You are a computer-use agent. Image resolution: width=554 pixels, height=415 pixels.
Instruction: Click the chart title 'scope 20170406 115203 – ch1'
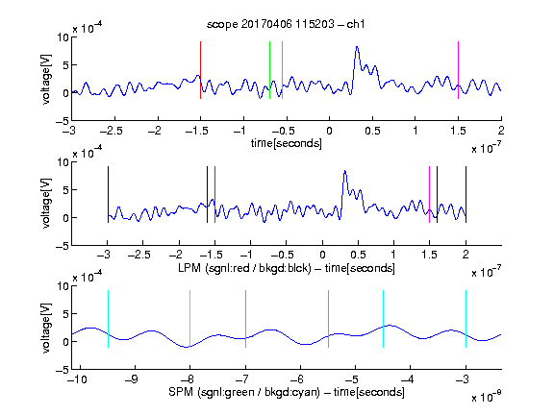point(286,24)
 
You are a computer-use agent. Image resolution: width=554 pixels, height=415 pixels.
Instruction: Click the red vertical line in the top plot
point(200,70)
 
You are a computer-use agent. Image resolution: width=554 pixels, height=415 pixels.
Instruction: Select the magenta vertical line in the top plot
point(458,70)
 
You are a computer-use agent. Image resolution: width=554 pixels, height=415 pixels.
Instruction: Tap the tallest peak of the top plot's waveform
point(357,47)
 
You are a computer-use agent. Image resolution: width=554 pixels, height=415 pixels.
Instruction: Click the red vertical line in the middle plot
point(214,194)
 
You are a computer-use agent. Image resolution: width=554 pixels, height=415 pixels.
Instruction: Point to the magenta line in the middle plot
point(429,194)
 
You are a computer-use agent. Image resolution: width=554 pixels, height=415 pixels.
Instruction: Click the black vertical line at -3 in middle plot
point(108,194)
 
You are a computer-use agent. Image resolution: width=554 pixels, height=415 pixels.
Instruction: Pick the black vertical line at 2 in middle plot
point(466,194)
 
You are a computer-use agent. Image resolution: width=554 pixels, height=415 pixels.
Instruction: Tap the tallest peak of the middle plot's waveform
point(345,171)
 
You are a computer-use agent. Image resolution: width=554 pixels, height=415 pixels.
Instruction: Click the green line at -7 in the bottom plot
point(245,319)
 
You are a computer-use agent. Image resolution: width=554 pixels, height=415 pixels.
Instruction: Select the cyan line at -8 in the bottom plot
point(189,319)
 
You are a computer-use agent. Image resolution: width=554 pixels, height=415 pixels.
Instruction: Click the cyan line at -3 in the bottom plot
point(466,319)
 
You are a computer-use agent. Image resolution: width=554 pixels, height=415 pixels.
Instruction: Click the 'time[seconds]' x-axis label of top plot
point(287,143)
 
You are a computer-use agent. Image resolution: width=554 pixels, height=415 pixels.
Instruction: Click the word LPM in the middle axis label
point(189,268)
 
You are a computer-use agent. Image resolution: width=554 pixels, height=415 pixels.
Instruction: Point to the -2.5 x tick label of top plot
point(111,131)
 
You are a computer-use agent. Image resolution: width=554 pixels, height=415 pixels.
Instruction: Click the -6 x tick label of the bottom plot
point(300,379)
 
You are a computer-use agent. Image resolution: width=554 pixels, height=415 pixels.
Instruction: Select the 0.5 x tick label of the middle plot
point(358,255)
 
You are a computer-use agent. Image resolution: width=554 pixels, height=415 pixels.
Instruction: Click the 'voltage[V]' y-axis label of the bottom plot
point(46,328)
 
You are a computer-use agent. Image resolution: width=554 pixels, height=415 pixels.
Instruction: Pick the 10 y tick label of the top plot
point(63,37)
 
